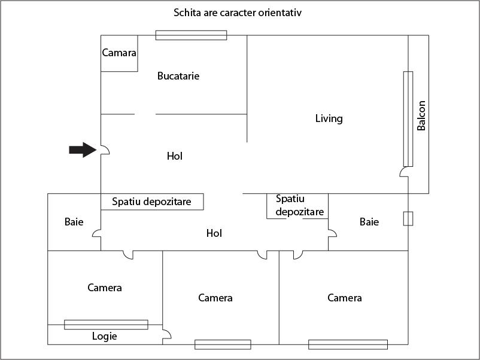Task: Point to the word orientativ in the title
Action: tap(281, 12)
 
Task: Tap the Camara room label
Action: tap(119, 53)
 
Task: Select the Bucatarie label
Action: tap(178, 76)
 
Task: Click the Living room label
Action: tap(329, 118)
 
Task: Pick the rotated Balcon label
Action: tap(421, 116)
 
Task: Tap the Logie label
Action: tap(104, 336)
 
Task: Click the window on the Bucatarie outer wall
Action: tap(191, 35)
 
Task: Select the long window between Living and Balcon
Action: tap(408, 119)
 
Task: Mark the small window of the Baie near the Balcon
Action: tap(408, 218)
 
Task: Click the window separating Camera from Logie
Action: tap(106, 325)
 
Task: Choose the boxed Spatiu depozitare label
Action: tap(151, 202)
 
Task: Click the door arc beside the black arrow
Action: tap(105, 150)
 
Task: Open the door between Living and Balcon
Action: tap(404, 173)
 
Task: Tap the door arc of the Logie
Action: tap(166, 335)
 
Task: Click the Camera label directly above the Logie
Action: tap(105, 288)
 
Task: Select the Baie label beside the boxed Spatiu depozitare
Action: tap(74, 222)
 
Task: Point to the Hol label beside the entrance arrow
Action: tap(175, 156)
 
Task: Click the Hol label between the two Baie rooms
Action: tap(214, 233)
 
